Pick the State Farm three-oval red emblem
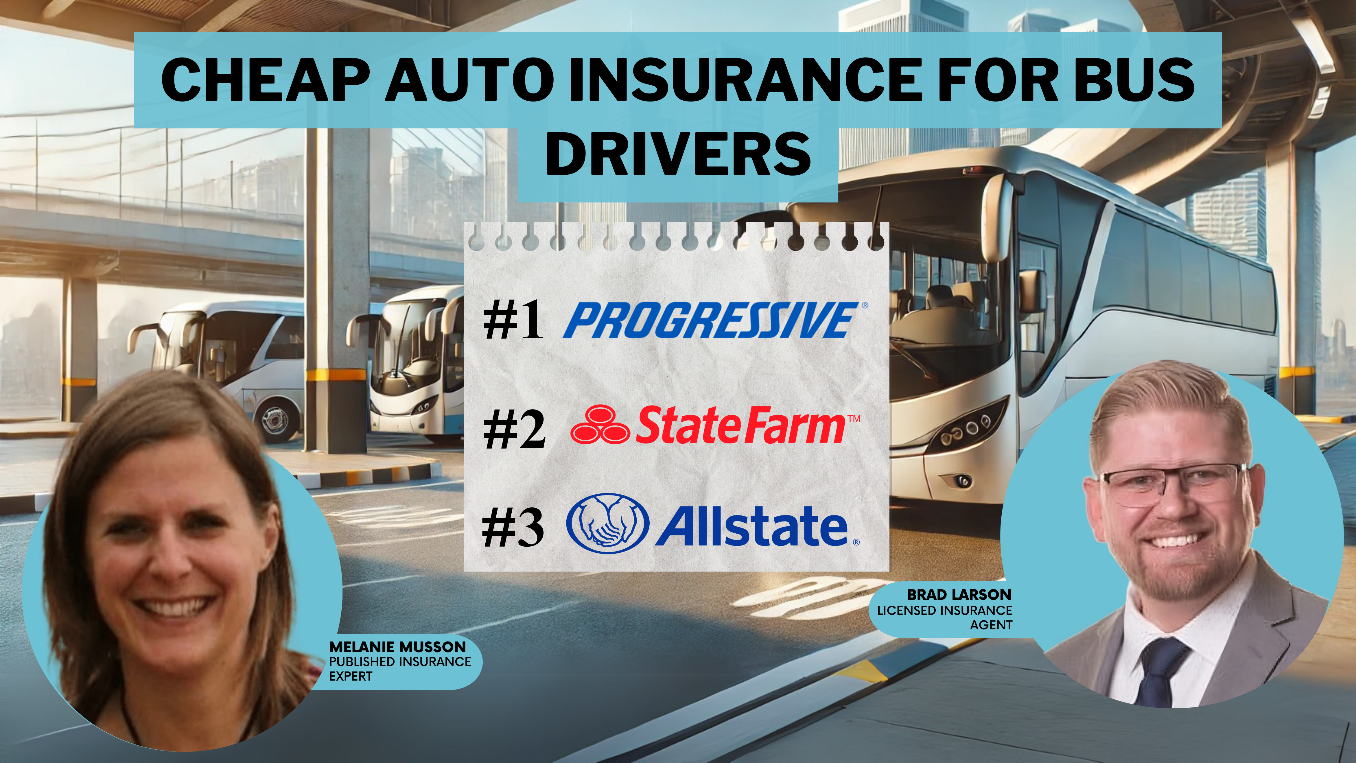600,424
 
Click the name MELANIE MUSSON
397,647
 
